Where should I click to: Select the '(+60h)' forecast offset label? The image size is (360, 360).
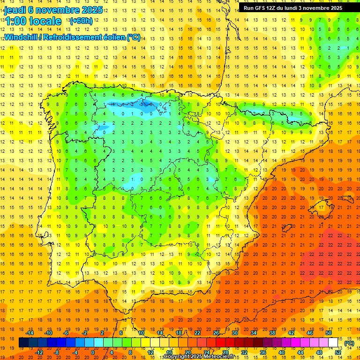point(81,21)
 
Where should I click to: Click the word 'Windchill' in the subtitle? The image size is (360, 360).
point(21,37)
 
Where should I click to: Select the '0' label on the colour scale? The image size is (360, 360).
point(93,352)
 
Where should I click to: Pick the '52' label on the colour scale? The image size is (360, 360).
point(338,352)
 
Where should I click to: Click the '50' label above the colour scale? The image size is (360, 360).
point(329,333)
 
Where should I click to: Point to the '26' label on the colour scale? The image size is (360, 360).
point(216,333)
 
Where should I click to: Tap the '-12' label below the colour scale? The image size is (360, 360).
point(39,352)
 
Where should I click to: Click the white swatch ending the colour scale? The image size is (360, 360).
point(333,343)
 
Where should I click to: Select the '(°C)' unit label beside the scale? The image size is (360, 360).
point(349,343)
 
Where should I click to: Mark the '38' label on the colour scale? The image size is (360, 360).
point(272,333)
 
